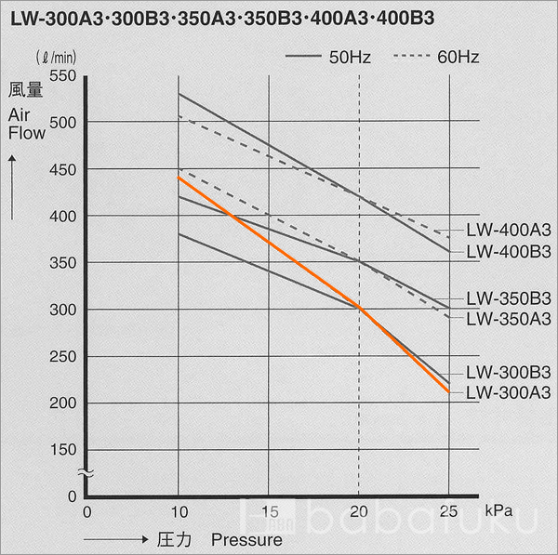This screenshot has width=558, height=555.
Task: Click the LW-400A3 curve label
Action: [508, 230]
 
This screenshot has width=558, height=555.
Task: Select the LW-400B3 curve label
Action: [508, 251]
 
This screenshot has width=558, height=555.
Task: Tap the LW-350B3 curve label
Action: [508, 298]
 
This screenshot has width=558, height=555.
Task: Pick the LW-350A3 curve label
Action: [508, 319]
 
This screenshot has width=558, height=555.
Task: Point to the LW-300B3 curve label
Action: [508, 371]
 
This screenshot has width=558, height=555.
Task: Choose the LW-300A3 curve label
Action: [508, 392]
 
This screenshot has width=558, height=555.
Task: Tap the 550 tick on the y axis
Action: [64, 75]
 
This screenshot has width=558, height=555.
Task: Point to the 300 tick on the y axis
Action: [64, 310]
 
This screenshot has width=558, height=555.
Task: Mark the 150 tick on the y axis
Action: [64, 450]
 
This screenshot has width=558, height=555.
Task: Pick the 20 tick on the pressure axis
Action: [359, 511]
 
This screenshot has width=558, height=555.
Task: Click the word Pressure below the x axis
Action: [246, 539]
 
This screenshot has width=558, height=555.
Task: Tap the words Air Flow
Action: [27, 124]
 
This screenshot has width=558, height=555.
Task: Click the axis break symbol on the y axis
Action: [85, 473]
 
